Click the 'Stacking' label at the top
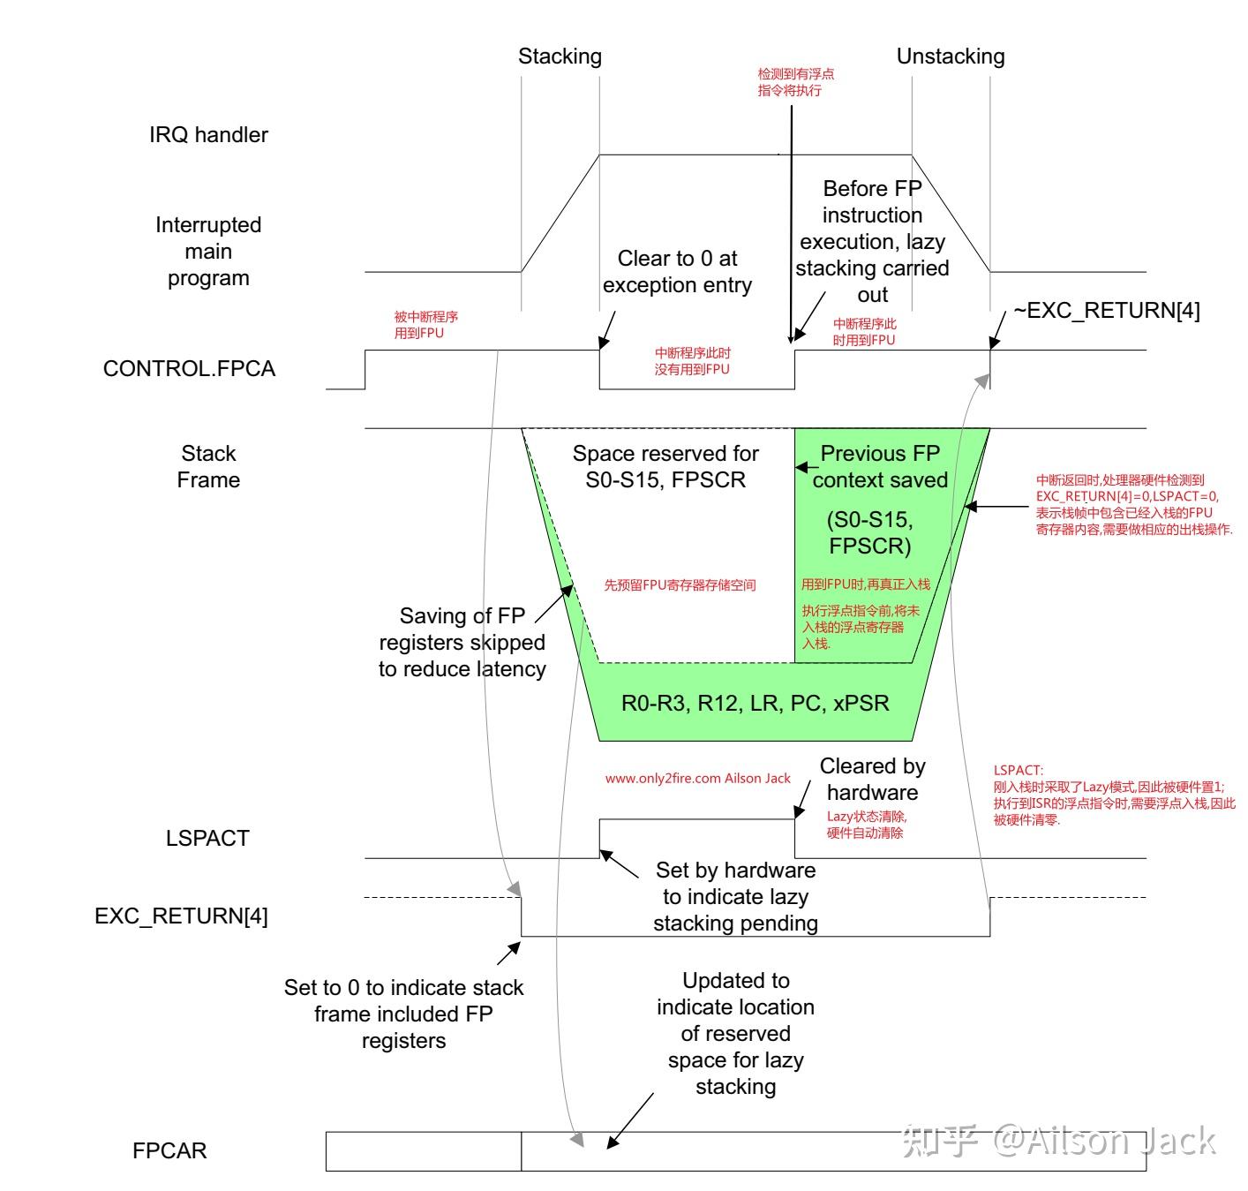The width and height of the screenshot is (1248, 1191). point(560,57)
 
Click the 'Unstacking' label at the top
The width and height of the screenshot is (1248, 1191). point(950,57)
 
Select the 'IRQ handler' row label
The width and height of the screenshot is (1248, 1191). point(208,135)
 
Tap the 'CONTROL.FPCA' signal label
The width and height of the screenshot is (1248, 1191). point(189,369)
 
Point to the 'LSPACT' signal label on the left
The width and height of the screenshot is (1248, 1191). point(207,838)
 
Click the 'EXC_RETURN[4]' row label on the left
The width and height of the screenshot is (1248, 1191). point(181,916)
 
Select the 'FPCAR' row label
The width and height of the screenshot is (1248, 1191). point(169,1150)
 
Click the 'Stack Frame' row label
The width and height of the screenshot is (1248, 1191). point(208,466)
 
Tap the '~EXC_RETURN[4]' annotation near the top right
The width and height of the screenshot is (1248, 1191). point(1106,311)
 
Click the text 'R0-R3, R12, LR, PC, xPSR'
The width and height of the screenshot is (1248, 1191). point(755,703)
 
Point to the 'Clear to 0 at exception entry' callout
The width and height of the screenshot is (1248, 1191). point(677,272)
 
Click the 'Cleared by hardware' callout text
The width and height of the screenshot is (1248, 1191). point(872,779)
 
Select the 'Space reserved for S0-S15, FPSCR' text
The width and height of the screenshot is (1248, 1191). point(665,466)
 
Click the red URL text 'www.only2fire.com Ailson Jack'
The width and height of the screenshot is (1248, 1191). point(697,779)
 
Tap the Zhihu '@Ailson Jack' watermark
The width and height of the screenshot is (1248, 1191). point(1059,1141)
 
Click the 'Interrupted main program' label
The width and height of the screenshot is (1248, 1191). point(208,252)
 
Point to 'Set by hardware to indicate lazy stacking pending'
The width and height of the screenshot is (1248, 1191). point(735,896)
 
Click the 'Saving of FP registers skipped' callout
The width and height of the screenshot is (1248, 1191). point(462,642)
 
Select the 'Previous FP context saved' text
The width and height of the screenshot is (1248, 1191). point(879,466)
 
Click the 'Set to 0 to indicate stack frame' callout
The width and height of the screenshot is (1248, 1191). point(403,1014)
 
